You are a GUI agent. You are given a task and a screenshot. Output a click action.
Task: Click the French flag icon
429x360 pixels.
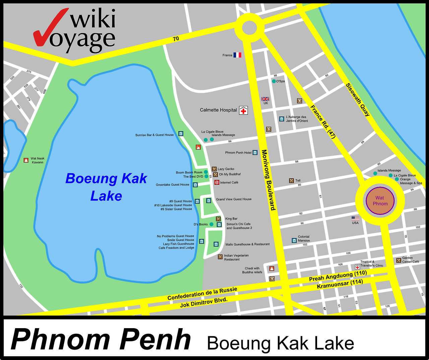[x=237, y=55]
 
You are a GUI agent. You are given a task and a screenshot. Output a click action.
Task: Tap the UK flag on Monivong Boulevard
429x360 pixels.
[x=265, y=99]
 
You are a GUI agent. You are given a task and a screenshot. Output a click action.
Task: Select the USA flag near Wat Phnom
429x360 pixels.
[x=355, y=218]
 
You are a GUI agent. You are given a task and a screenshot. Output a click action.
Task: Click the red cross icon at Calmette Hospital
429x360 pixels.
[x=243, y=110]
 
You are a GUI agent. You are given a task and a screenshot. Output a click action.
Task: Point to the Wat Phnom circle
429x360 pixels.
[x=380, y=201]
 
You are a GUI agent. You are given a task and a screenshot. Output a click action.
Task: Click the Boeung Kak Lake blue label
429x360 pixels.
[x=106, y=187]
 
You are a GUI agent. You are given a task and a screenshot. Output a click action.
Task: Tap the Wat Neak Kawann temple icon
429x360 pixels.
[x=26, y=160]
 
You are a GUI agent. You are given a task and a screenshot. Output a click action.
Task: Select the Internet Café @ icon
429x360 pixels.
[x=217, y=182]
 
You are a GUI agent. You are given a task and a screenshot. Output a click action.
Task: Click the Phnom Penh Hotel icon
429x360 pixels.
[x=255, y=153]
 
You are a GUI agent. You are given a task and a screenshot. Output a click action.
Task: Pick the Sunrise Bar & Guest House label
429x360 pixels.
[x=155, y=135]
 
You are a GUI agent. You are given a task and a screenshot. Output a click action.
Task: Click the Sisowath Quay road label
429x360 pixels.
[x=358, y=100]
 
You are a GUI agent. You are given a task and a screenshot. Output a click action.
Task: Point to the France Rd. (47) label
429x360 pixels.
[x=323, y=122]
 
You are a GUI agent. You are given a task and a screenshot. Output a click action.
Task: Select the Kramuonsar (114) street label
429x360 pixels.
[x=340, y=284]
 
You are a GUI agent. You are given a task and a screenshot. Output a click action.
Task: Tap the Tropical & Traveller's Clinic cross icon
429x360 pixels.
[x=357, y=267]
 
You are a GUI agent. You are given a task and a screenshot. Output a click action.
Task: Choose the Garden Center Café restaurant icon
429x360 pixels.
[x=399, y=260]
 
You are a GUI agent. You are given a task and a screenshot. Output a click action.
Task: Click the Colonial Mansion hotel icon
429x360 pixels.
[x=294, y=240]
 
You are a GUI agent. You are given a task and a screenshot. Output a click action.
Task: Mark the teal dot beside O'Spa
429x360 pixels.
[x=274, y=81]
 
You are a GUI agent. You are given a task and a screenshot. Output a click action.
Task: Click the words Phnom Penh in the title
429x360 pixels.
[x=101, y=340]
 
